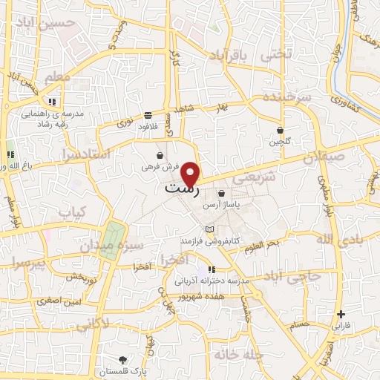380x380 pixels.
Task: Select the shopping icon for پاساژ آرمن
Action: click(221, 193)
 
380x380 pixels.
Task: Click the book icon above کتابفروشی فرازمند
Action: click(210, 229)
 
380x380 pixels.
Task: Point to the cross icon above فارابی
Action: click(341, 314)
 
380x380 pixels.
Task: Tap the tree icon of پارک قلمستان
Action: click(122, 358)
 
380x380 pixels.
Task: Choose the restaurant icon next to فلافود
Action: click(148, 115)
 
